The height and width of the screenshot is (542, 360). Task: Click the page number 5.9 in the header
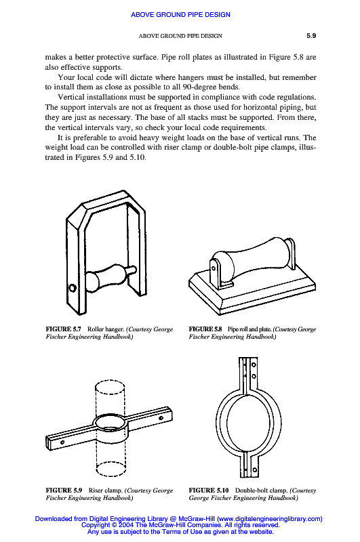311,36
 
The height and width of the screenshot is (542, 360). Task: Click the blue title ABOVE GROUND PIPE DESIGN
180,14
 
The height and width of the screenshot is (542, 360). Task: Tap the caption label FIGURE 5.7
63,329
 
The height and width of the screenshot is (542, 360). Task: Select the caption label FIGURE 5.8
205,329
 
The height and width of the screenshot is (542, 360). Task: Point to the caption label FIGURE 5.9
64,490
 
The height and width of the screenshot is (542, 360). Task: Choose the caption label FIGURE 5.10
209,490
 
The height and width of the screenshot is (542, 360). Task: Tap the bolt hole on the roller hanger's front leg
73,288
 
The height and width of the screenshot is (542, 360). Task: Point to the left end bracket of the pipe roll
214,273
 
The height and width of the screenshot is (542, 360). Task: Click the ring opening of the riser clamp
111,421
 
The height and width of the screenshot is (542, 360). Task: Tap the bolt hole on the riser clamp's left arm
62,442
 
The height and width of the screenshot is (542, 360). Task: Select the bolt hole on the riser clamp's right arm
161,418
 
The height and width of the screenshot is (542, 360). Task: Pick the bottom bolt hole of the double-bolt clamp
254,470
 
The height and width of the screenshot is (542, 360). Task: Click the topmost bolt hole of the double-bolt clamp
254,364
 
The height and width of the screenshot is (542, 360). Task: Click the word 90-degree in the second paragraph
197,87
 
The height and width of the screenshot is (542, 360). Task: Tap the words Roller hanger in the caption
106,329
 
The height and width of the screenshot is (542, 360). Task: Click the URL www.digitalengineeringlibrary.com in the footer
269,518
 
